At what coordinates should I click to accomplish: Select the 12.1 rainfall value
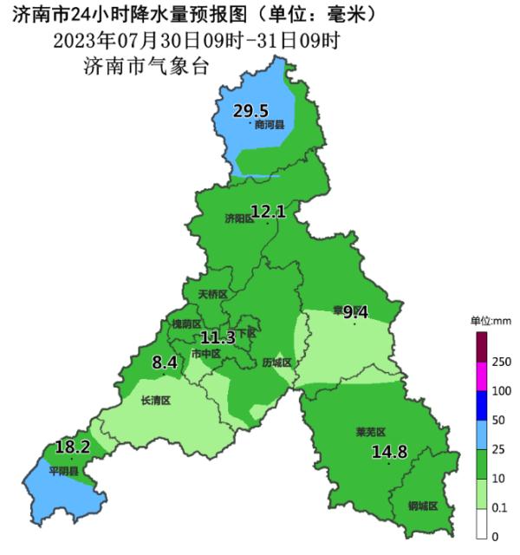tap(268, 210)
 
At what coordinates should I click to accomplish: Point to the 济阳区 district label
tap(239, 218)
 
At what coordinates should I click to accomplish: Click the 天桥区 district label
tap(212, 295)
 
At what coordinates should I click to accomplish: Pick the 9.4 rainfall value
tap(356, 312)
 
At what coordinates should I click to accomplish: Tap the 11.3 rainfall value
tap(218, 337)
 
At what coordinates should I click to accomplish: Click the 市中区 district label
tap(205, 354)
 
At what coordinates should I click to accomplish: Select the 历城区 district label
tap(276, 363)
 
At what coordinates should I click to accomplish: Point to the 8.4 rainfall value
tap(165, 362)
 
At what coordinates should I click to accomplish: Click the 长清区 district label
tap(155, 401)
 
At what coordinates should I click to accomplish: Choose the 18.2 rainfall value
tap(73, 447)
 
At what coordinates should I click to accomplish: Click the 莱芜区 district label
tap(370, 431)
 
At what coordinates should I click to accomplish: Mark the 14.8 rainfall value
tap(389, 451)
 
